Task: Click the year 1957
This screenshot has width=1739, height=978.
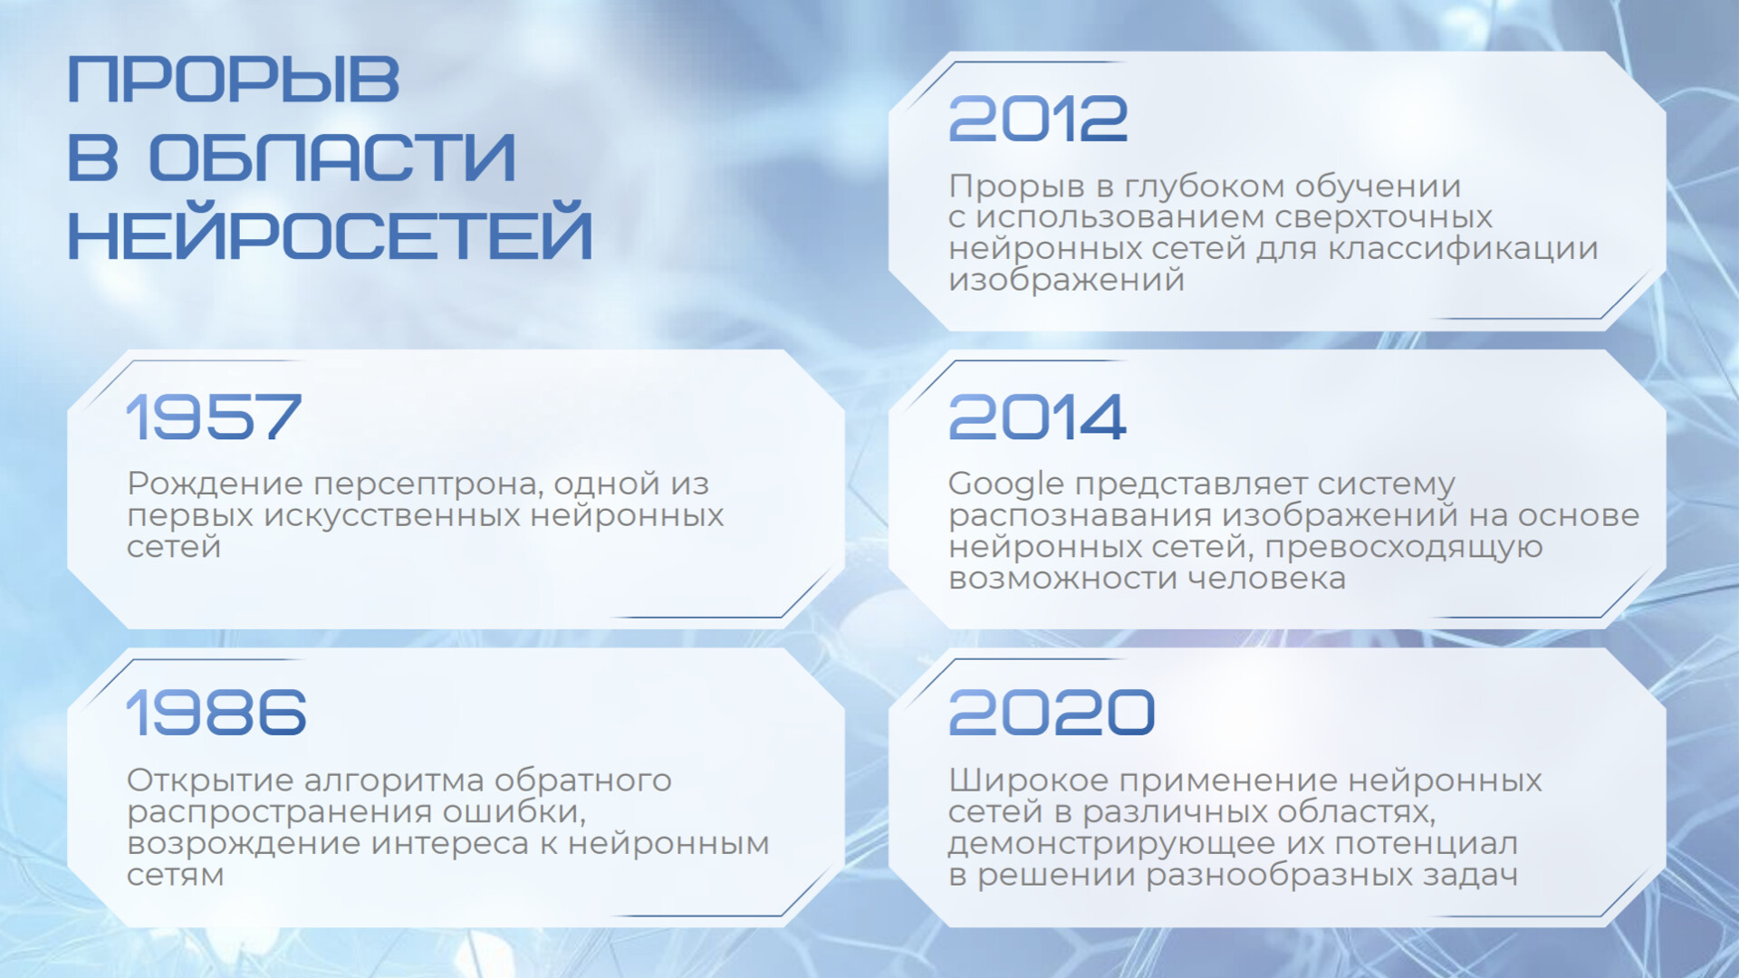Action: click(214, 417)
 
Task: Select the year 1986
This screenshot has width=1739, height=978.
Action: click(216, 712)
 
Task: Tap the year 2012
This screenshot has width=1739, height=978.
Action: click(1038, 120)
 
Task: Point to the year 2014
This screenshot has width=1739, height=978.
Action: click(1038, 417)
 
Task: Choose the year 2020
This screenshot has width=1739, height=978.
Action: click(1052, 712)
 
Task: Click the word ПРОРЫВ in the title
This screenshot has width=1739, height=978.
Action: click(234, 80)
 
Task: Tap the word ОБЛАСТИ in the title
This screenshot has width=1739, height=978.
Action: click(331, 158)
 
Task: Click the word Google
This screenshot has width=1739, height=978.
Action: click(1006, 485)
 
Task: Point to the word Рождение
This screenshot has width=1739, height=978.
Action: click(216, 485)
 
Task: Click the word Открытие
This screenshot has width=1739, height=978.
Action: click(211, 780)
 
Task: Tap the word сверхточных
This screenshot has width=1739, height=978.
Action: click(1383, 218)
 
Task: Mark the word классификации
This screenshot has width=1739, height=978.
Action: click(1463, 249)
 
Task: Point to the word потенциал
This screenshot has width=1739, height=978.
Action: click(1427, 844)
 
